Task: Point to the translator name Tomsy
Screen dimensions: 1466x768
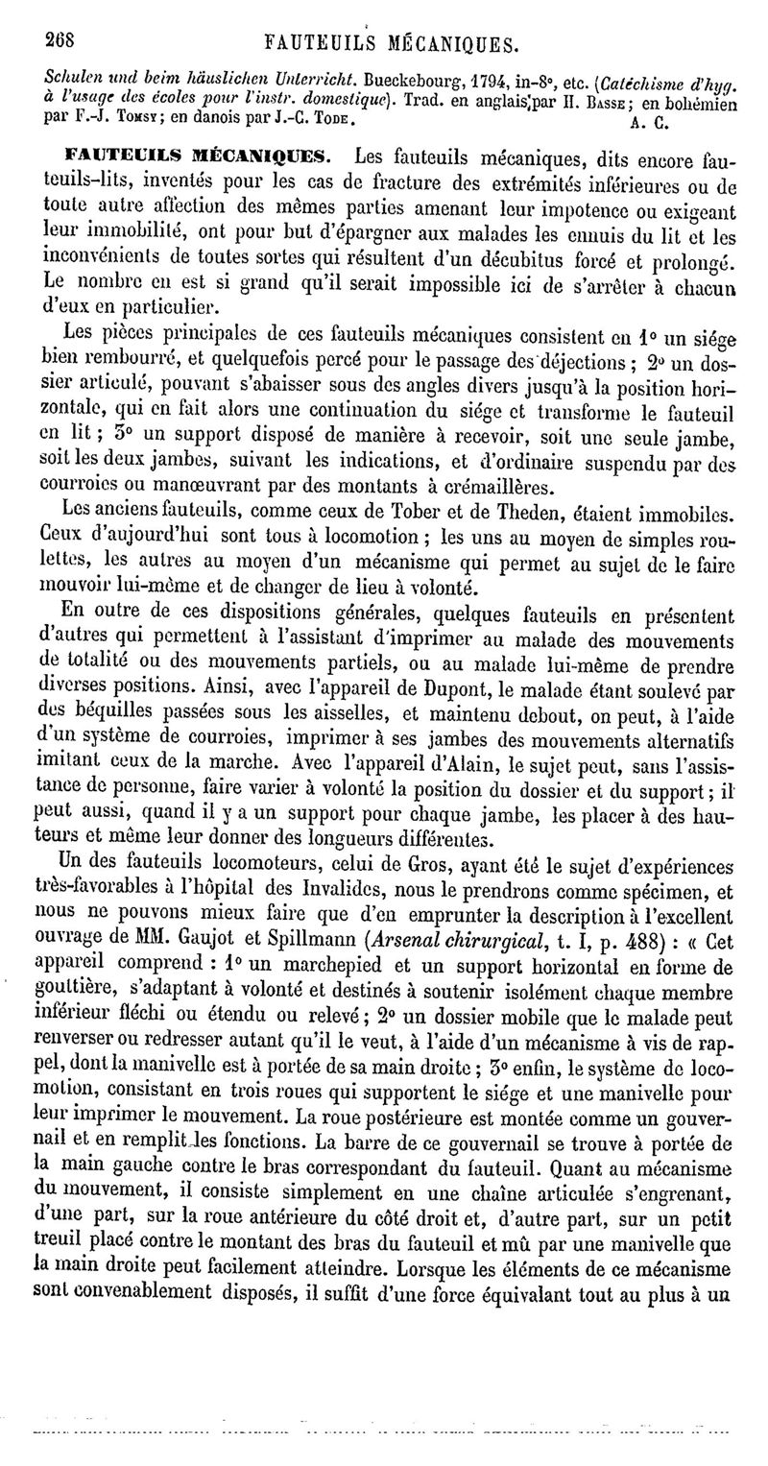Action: click(x=120, y=123)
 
